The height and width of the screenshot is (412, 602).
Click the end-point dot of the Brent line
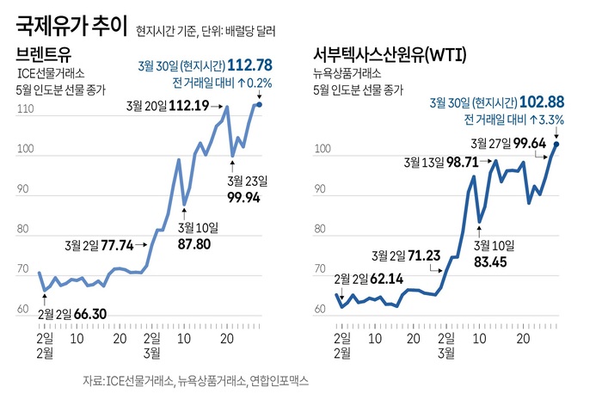[x=260, y=105]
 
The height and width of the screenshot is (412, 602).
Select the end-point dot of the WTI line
[x=556, y=145]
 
